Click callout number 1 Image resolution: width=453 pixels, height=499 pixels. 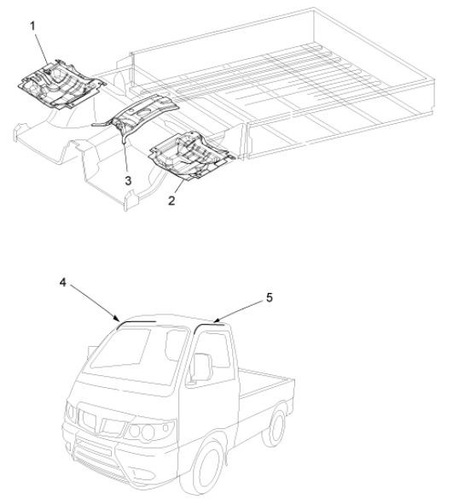point(32,26)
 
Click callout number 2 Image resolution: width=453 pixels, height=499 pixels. point(171,201)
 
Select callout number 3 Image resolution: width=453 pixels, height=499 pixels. point(128,180)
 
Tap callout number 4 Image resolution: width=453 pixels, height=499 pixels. point(63,282)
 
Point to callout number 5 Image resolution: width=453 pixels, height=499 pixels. point(270,297)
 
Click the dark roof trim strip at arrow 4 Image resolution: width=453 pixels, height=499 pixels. point(136,323)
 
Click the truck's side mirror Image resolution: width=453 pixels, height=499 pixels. point(202,367)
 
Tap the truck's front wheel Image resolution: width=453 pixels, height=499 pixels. point(208,467)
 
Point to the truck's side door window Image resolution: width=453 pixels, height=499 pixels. point(211,355)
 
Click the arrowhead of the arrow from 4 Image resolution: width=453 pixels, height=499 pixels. point(117,320)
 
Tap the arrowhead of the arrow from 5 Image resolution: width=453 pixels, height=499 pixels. point(216,320)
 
